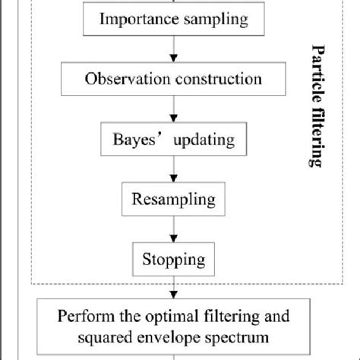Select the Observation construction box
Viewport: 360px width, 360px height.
click(x=174, y=79)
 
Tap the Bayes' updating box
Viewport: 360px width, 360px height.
click(x=174, y=140)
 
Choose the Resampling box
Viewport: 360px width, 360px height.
click(x=174, y=201)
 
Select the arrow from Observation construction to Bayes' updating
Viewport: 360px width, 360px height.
click(x=174, y=110)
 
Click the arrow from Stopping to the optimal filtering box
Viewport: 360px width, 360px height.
click(x=174, y=289)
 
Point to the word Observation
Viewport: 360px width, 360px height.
click(x=122, y=79)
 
